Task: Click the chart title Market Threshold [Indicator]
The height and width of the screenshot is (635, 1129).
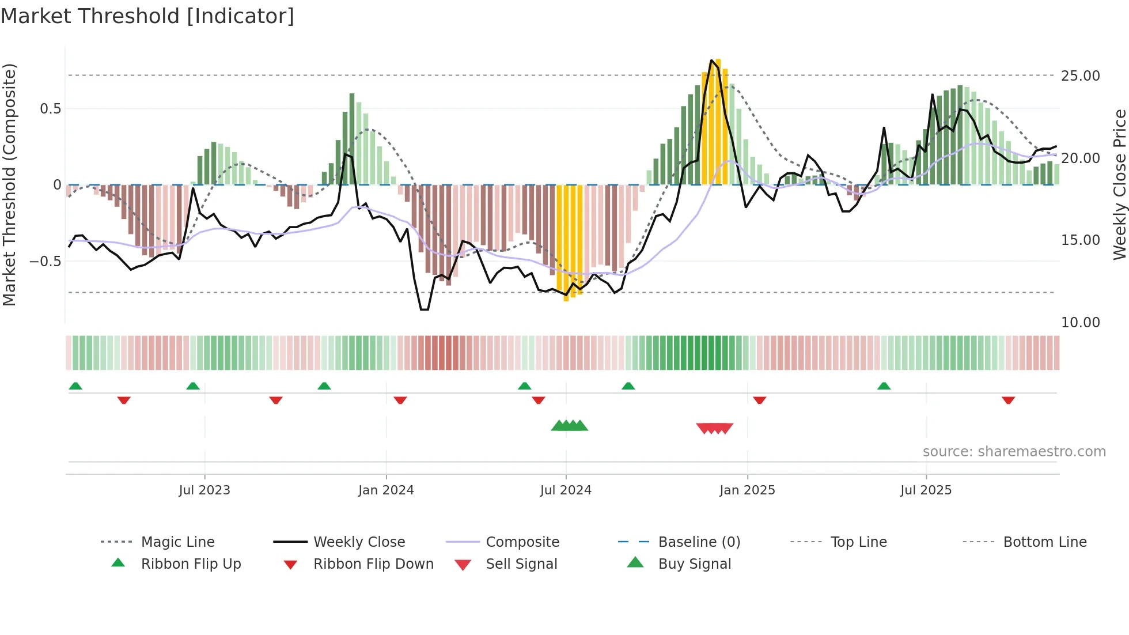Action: (x=147, y=16)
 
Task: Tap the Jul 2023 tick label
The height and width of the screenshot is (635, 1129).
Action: (x=204, y=490)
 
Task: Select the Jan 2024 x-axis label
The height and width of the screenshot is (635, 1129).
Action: (x=386, y=490)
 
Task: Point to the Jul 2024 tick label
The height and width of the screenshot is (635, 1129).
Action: (x=566, y=490)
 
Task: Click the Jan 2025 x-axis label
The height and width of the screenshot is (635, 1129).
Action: (x=747, y=490)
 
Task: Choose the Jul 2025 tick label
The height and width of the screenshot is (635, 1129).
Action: (x=926, y=490)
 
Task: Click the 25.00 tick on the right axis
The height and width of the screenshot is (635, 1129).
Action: (x=1080, y=76)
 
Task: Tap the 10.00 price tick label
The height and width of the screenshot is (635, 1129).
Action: (x=1080, y=323)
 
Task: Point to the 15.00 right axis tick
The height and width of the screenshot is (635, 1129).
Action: (x=1080, y=240)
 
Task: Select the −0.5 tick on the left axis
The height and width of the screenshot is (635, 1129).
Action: (x=45, y=262)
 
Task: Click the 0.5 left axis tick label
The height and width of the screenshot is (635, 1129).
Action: (x=50, y=109)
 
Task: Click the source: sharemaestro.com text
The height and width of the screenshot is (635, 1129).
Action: (x=1014, y=452)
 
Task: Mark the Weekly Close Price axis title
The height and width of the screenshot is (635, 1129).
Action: (x=1119, y=184)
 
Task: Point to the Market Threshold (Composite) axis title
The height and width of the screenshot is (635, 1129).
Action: (x=9, y=184)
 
